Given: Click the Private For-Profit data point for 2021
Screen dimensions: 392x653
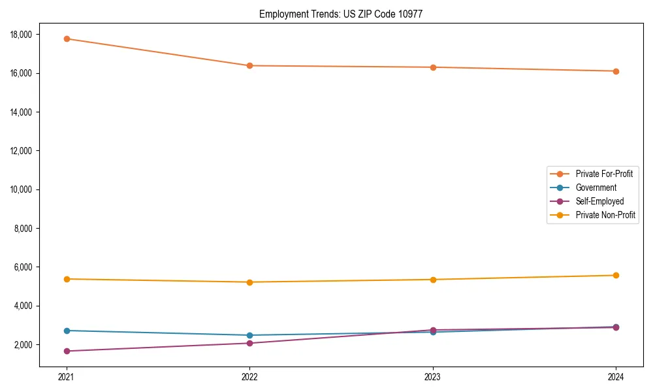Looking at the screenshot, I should pos(67,39).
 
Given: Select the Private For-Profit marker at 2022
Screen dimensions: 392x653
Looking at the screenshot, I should pos(249,65).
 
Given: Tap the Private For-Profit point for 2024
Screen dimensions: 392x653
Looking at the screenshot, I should pos(616,71).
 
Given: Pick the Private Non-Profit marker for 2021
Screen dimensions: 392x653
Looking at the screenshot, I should pos(67,279).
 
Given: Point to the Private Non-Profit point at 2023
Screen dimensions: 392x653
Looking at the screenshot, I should pos(433,280).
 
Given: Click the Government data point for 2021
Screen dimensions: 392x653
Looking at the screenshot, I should pos(67,331).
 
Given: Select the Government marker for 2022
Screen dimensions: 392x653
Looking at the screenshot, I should pos(249,335).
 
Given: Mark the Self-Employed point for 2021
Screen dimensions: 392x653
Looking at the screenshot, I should pos(67,351).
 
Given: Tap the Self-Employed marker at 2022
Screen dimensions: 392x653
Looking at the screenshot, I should pos(249,343).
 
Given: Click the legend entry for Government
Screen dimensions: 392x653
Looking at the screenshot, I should pos(596,188).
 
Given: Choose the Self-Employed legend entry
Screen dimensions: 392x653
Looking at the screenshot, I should pos(599,201).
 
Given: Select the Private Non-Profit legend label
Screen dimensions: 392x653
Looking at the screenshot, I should pos(605,215).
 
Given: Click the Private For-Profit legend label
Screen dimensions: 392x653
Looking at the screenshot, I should pos(605,174).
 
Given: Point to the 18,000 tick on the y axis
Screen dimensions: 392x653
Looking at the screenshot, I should pos(24,34).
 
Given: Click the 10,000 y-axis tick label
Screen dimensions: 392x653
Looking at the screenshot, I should pos(24,189).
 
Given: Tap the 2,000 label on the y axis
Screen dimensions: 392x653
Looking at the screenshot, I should pos(25,344).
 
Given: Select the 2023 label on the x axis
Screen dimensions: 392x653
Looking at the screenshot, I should pos(433,376).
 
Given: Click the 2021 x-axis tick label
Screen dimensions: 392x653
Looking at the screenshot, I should pos(67,376).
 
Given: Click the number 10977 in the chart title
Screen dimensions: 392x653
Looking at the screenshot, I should pos(410,14).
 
